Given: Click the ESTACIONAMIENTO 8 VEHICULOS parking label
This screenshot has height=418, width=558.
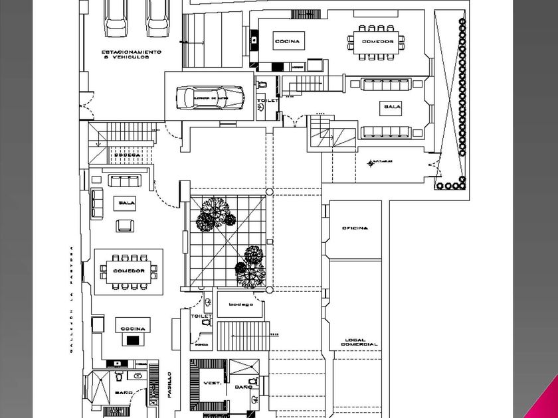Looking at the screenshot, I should click(x=132, y=54).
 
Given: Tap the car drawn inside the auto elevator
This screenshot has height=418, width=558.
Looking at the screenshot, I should click(x=209, y=98).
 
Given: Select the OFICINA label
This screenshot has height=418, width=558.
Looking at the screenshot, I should click(x=355, y=228).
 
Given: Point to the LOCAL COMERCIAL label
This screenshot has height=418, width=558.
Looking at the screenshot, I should click(x=359, y=341).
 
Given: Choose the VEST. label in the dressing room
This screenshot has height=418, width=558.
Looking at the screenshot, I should click(x=213, y=384).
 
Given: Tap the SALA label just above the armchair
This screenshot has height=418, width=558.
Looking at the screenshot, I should click(x=124, y=202).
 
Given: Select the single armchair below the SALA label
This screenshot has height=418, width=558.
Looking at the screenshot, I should click(x=124, y=225).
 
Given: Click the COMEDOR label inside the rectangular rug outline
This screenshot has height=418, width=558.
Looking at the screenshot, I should click(x=128, y=271).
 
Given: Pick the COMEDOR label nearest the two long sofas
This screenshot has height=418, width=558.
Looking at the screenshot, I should click(x=378, y=41).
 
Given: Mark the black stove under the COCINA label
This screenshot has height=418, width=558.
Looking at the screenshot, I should click(x=134, y=339).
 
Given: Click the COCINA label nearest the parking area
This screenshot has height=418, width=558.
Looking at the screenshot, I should click(x=287, y=41).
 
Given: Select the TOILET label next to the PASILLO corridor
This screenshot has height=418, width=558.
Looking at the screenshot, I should click(x=201, y=316).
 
